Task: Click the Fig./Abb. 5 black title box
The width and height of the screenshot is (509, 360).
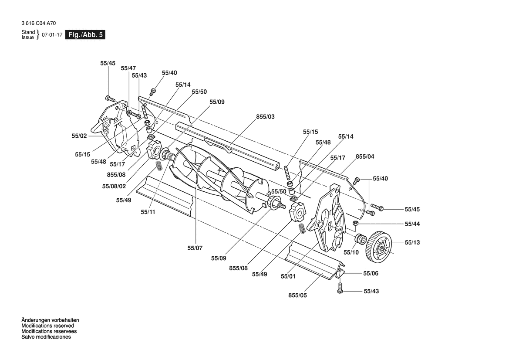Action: [x=85, y=35]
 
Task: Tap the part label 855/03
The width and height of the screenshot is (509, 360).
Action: [x=265, y=117]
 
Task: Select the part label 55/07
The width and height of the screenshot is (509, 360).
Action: [x=195, y=248]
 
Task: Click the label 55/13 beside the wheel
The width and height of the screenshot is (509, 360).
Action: [x=412, y=242]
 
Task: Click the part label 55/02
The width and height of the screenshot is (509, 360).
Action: [x=79, y=136]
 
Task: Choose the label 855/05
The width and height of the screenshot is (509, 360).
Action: [x=297, y=295]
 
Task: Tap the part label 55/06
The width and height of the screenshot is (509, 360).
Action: [x=371, y=274]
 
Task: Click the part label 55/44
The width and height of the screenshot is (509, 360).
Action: [x=412, y=224]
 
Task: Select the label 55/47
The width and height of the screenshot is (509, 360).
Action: [x=128, y=68]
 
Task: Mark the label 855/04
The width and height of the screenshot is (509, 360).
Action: [x=365, y=156]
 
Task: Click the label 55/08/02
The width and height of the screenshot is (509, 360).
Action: [x=114, y=187]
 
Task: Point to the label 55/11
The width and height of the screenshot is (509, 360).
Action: [x=148, y=212]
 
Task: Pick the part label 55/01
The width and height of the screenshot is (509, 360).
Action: [x=288, y=276]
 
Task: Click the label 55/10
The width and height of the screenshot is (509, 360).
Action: [x=351, y=252]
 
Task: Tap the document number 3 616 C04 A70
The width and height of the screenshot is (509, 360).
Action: [x=39, y=24]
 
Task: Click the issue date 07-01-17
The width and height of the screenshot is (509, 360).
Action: [x=52, y=35]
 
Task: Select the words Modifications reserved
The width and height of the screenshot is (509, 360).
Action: [x=48, y=326]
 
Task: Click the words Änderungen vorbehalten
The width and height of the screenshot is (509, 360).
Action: [x=51, y=320]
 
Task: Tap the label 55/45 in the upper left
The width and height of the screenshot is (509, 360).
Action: [x=108, y=63]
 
